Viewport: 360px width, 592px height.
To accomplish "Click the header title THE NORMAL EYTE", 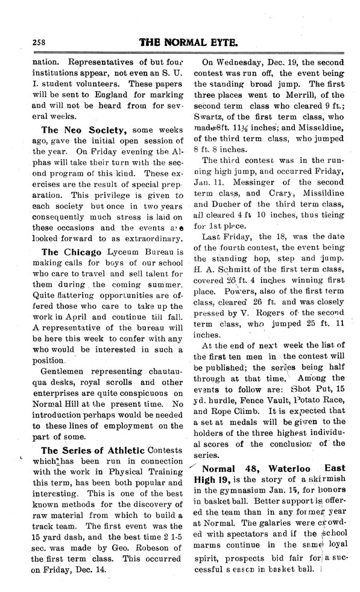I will [195, 43].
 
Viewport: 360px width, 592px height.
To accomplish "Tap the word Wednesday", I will [243, 61].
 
